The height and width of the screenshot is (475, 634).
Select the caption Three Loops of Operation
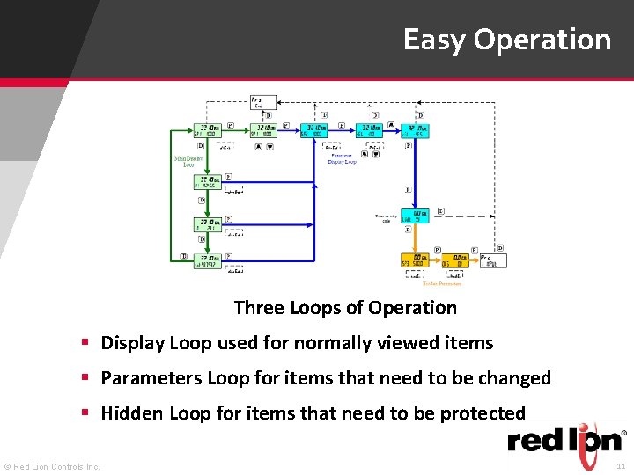coord(345,308)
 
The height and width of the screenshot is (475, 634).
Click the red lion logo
coord(564,440)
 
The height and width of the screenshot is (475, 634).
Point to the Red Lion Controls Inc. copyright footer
coord(53,466)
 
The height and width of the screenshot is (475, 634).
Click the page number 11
coord(620,466)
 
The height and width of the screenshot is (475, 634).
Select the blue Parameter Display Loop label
coord(342,159)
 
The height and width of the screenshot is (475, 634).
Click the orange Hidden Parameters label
coord(442,284)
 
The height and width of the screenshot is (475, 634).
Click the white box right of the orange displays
coord(493,260)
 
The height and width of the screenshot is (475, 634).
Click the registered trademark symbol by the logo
coord(624,433)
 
